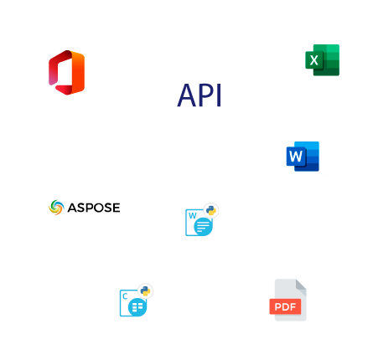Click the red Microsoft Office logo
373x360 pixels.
(x=66, y=73)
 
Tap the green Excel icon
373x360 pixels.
(x=322, y=60)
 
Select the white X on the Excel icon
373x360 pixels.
(x=313, y=60)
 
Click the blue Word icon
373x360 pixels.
(x=303, y=157)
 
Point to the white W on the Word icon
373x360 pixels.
(x=296, y=157)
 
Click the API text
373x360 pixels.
(x=199, y=95)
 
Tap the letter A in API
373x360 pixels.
(x=187, y=95)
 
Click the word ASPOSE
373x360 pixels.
(x=94, y=208)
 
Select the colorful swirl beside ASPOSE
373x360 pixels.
(x=56, y=208)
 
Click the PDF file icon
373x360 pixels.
(x=288, y=300)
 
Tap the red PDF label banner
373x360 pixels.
(x=285, y=306)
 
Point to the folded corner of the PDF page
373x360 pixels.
(x=301, y=285)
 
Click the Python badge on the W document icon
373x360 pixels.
(x=211, y=210)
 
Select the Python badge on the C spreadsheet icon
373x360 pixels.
(x=145, y=291)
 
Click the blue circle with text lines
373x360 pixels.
(x=203, y=226)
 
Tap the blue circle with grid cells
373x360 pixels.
(x=137, y=307)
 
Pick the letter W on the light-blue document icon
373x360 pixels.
(x=193, y=215)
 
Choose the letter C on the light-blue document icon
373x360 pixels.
(x=125, y=296)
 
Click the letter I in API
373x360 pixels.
(x=219, y=95)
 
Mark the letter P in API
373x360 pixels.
(x=207, y=95)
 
